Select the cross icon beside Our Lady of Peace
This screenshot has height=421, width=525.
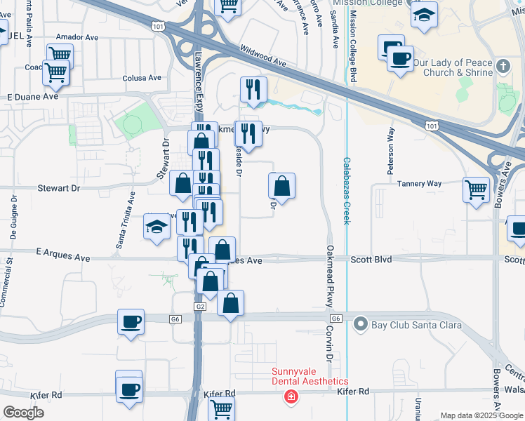tap(502, 67)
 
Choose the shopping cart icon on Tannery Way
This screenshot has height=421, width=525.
tap(477, 189)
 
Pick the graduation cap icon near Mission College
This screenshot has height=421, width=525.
tap(424, 15)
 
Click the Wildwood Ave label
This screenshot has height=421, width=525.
tap(263, 57)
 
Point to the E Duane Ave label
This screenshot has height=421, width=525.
tap(32, 97)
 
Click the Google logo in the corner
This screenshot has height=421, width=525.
tap(23, 413)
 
